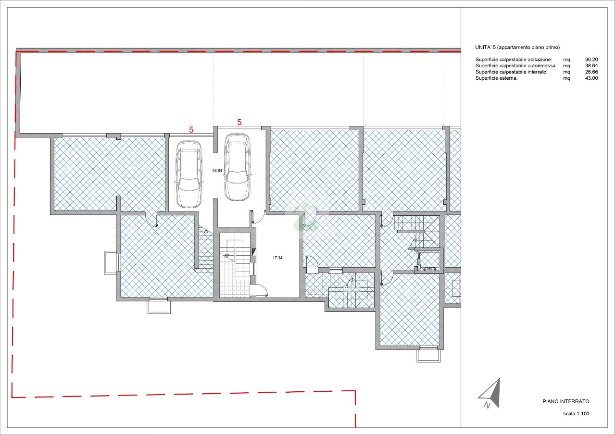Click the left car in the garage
pos(189,174)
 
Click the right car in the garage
pos(237,167)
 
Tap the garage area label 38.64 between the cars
pos(217,171)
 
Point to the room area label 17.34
pos(277,258)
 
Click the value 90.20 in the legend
pos(591,59)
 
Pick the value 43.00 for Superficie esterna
pos(591,78)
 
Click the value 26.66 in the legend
pos(591,72)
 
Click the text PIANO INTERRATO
pos(566,401)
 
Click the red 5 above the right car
pos(239,123)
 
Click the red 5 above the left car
pos(191,129)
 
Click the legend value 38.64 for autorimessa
pos(591,65)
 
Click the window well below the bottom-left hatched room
pos(159,307)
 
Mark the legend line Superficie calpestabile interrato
pos(512,72)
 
